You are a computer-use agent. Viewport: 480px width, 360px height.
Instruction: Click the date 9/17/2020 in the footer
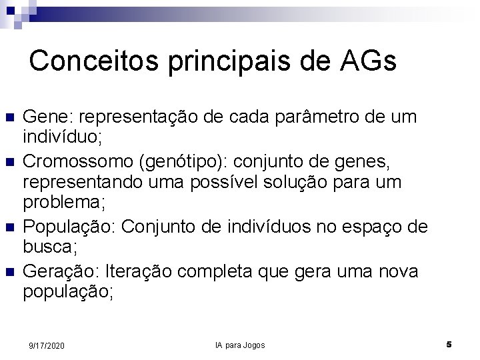coord(47,345)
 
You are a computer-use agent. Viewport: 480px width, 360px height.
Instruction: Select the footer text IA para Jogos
coord(240,345)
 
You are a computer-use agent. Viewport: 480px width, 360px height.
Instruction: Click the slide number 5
coord(449,345)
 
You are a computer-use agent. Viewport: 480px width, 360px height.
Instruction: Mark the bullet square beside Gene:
coord(9,119)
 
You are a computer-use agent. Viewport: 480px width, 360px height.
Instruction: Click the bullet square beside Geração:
coord(9,272)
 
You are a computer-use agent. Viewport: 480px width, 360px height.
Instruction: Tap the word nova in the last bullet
coord(398,271)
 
